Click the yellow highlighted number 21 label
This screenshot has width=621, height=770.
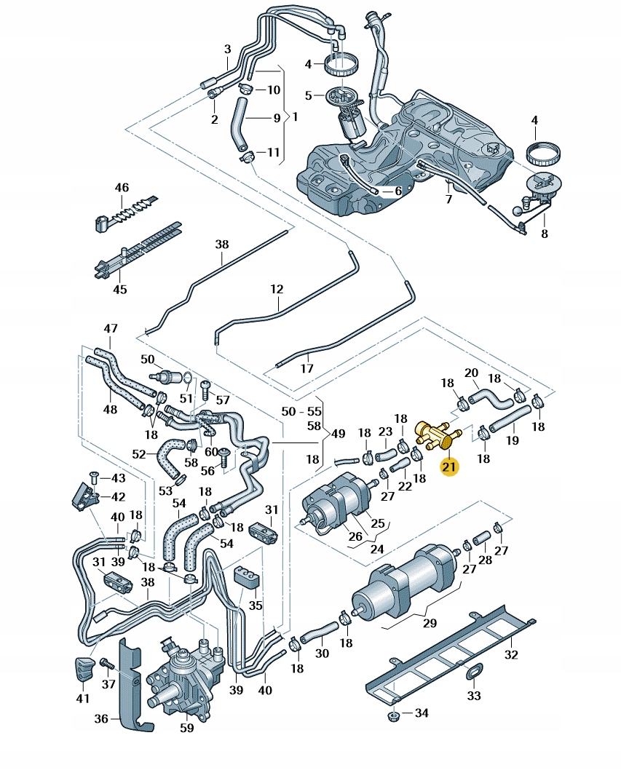pos(449,467)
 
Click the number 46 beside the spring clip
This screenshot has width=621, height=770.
pos(122,188)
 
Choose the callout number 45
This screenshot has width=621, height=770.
pos(119,290)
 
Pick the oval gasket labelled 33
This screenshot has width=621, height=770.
pos(474,672)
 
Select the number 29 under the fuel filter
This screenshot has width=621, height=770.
pos(430,624)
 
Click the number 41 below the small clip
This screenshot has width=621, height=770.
pos(82,699)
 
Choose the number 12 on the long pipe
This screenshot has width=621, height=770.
pos(277,289)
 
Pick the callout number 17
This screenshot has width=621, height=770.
pos(306,368)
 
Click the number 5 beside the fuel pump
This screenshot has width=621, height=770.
pos(308,95)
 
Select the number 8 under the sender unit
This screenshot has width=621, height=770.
pos(544,234)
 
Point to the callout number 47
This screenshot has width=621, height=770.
pos(110,329)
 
